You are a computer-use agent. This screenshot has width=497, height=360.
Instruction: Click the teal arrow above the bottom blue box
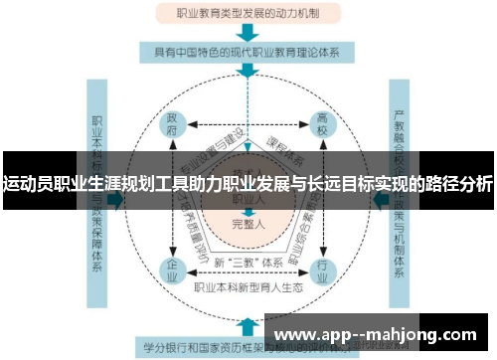[246, 323]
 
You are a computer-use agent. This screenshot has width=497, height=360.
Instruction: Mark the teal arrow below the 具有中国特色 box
[246, 70]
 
